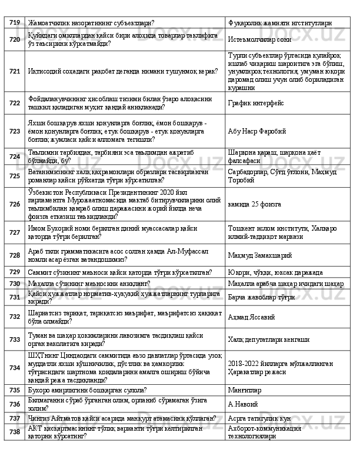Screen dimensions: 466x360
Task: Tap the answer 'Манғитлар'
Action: click(x=245, y=390)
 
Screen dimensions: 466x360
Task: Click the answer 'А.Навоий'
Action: click(x=242, y=404)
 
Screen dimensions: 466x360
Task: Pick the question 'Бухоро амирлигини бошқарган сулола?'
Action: click(x=84, y=390)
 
